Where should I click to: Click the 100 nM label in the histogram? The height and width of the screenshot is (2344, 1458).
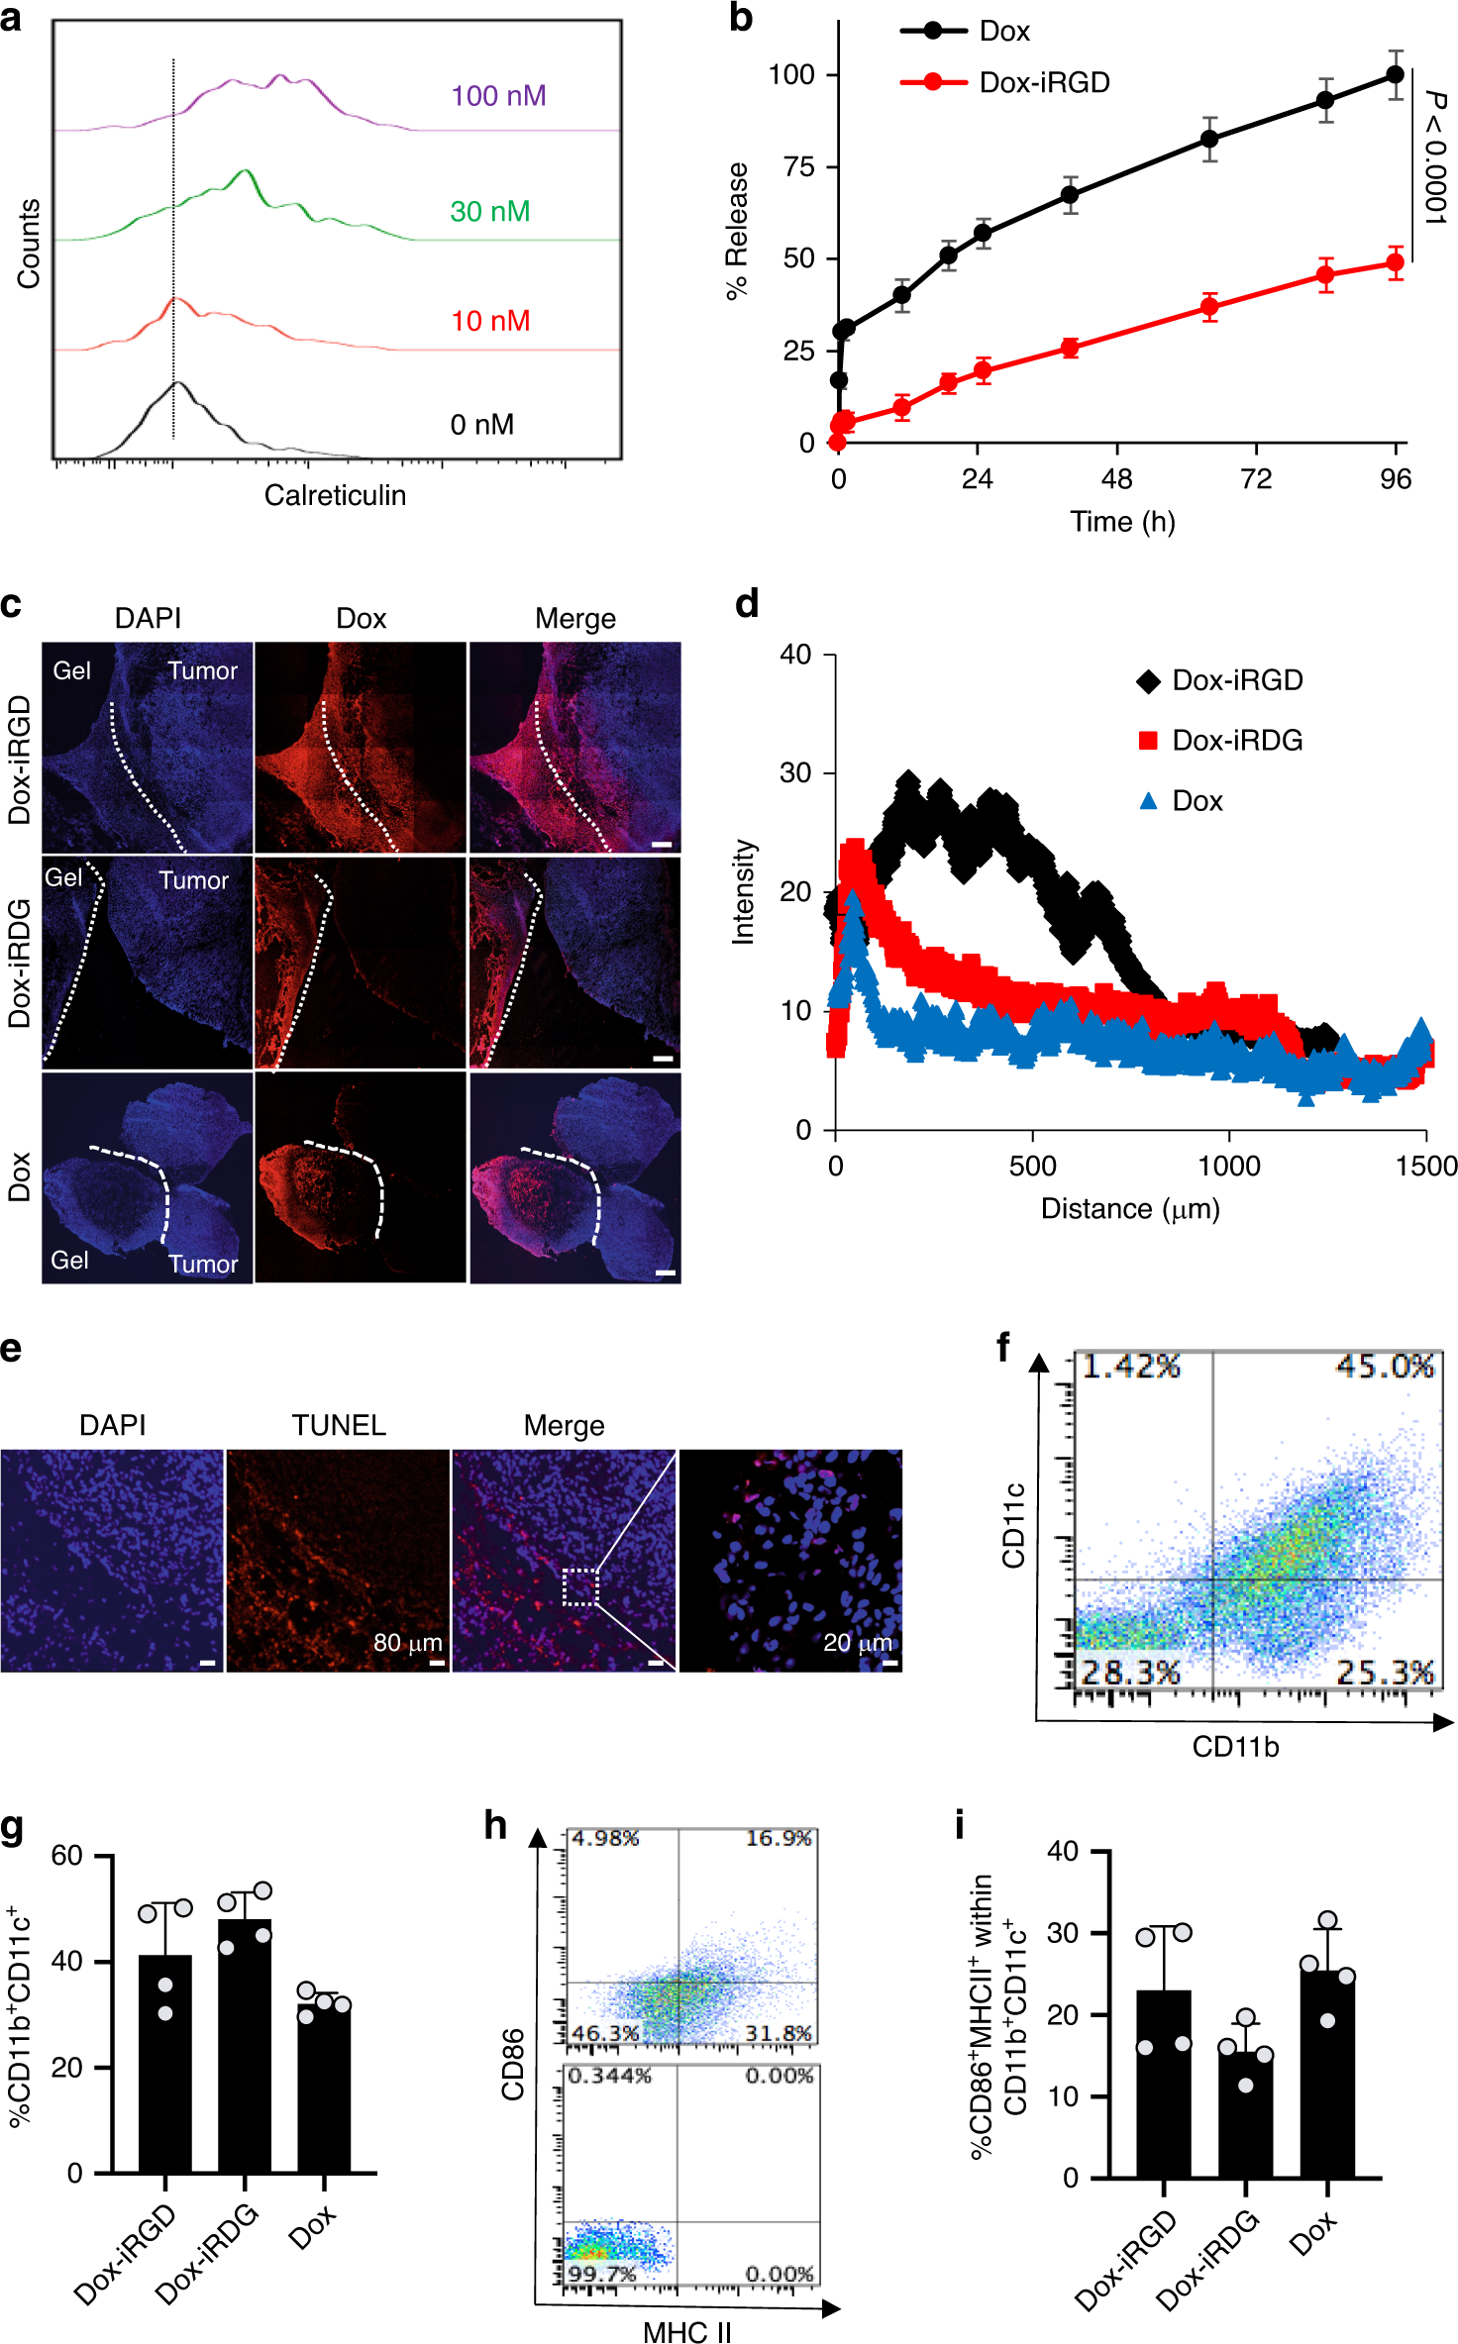point(498,96)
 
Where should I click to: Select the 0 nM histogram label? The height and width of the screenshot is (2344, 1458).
point(481,425)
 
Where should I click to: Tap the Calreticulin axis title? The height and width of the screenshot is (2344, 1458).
point(335,495)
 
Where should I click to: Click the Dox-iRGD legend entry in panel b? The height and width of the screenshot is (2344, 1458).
point(1043,82)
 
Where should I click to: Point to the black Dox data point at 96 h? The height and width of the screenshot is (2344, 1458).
point(1395,74)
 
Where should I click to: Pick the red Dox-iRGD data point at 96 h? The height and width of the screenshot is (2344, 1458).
point(1395,263)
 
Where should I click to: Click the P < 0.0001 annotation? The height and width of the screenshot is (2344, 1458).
point(1435,156)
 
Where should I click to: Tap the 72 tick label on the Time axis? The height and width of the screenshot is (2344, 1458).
point(1255,479)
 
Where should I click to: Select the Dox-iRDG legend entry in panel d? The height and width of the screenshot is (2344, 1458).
point(1236,741)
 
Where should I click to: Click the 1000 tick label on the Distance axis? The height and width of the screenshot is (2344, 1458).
point(1228,1166)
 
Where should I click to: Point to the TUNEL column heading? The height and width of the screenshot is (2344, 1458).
point(338,1425)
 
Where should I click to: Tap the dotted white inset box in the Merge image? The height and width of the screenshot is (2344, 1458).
point(580,1586)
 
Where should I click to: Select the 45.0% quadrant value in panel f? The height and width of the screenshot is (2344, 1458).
point(1385,1367)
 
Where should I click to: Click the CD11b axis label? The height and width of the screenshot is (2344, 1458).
point(1235,1747)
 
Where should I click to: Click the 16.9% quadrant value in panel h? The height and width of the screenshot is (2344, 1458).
point(779,1838)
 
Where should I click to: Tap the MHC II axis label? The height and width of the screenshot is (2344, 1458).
point(686,2332)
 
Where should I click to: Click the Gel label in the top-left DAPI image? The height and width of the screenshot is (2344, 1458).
point(71,670)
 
